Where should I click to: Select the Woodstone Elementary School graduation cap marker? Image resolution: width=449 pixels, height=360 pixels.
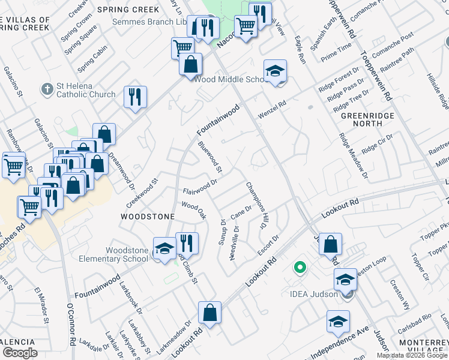[x=164, y=250]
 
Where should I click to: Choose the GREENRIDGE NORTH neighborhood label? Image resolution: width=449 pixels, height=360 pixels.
[x=361, y=119]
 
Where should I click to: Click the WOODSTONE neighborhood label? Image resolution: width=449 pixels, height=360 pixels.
[x=148, y=216]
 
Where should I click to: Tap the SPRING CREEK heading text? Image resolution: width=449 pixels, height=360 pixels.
[x=137, y=10]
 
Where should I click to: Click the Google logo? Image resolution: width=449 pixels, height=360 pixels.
[x=20, y=353]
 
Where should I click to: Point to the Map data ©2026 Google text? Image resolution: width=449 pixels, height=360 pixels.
[x=412, y=355]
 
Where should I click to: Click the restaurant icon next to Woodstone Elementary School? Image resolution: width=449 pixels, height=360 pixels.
[x=187, y=244]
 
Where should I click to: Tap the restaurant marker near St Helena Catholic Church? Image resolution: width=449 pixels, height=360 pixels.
[x=135, y=97]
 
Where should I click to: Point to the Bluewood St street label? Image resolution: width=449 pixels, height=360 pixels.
[x=210, y=154]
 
